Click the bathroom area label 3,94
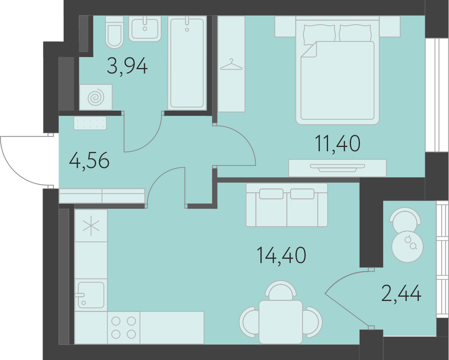pyautogui.click(x=127, y=66)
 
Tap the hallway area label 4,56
pyautogui.click(x=89, y=161)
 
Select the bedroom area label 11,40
pyautogui.click(x=338, y=144)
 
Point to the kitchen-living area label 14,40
pyautogui.click(x=282, y=255)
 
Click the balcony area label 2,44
pyautogui.click(x=401, y=293)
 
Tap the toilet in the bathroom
pyautogui.click(x=114, y=32)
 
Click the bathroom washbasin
pyautogui.click(x=144, y=28)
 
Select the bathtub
pyautogui.click(x=188, y=63)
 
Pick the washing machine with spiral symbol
pyautogui.click(x=96, y=97)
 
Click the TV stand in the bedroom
pyautogui.click(x=338, y=168)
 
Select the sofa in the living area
pyautogui.click(x=287, y=205)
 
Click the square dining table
pyautogui.click(x=280, y=321)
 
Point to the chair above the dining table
pyautogui.click(x=280, y=290)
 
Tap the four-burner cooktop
pyautogui.click(x=124, y=327)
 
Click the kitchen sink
pyautogui.click(x=91, y=295)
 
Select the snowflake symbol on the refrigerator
pyautogui.click(x=91, y=226)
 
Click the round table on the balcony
pyautogui.click(x=407, y=246)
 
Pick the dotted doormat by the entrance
pyautogui.click(x=90, y=123)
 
